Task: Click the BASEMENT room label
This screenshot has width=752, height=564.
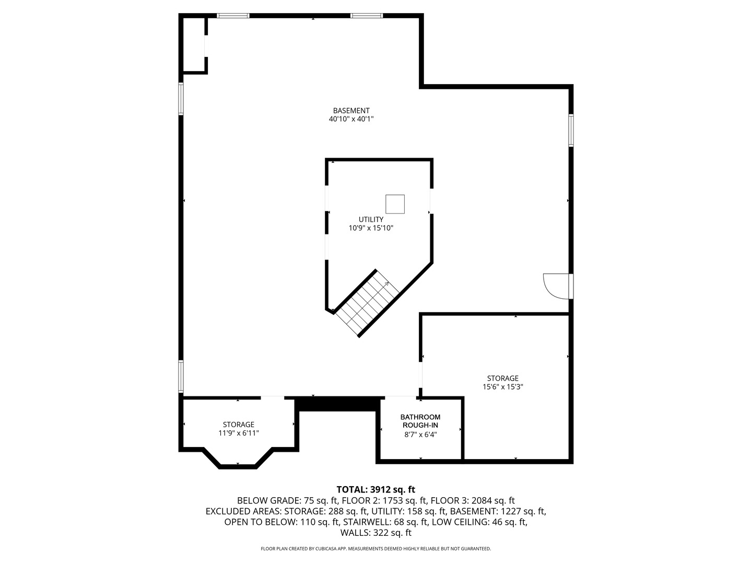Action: click(351, 110)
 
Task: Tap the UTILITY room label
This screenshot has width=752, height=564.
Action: click(371, 219)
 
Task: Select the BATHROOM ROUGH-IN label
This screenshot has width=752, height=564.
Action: click(420, 421)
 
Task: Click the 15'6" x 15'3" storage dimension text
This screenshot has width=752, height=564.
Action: click(503, 387)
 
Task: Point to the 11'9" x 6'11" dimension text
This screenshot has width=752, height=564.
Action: click(239, 433)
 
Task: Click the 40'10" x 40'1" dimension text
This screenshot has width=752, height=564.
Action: click(351, 119)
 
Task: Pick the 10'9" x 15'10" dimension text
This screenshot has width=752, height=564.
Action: click(371, 228)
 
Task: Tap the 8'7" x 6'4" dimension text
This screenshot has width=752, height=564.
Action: click(420, 434)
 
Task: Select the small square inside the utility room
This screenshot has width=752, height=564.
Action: click(395, 204)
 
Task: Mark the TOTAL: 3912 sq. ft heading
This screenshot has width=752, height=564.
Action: click(376, 489)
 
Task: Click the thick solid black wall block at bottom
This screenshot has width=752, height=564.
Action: click(337, 404)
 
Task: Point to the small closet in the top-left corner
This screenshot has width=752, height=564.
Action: click(193, 44)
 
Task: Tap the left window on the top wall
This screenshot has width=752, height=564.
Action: click(233, 16)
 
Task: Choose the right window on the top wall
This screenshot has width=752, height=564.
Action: click(367, 16)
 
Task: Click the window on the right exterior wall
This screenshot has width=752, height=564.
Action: click(571, 130)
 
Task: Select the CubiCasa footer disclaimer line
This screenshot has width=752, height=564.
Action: click(376, 549)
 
